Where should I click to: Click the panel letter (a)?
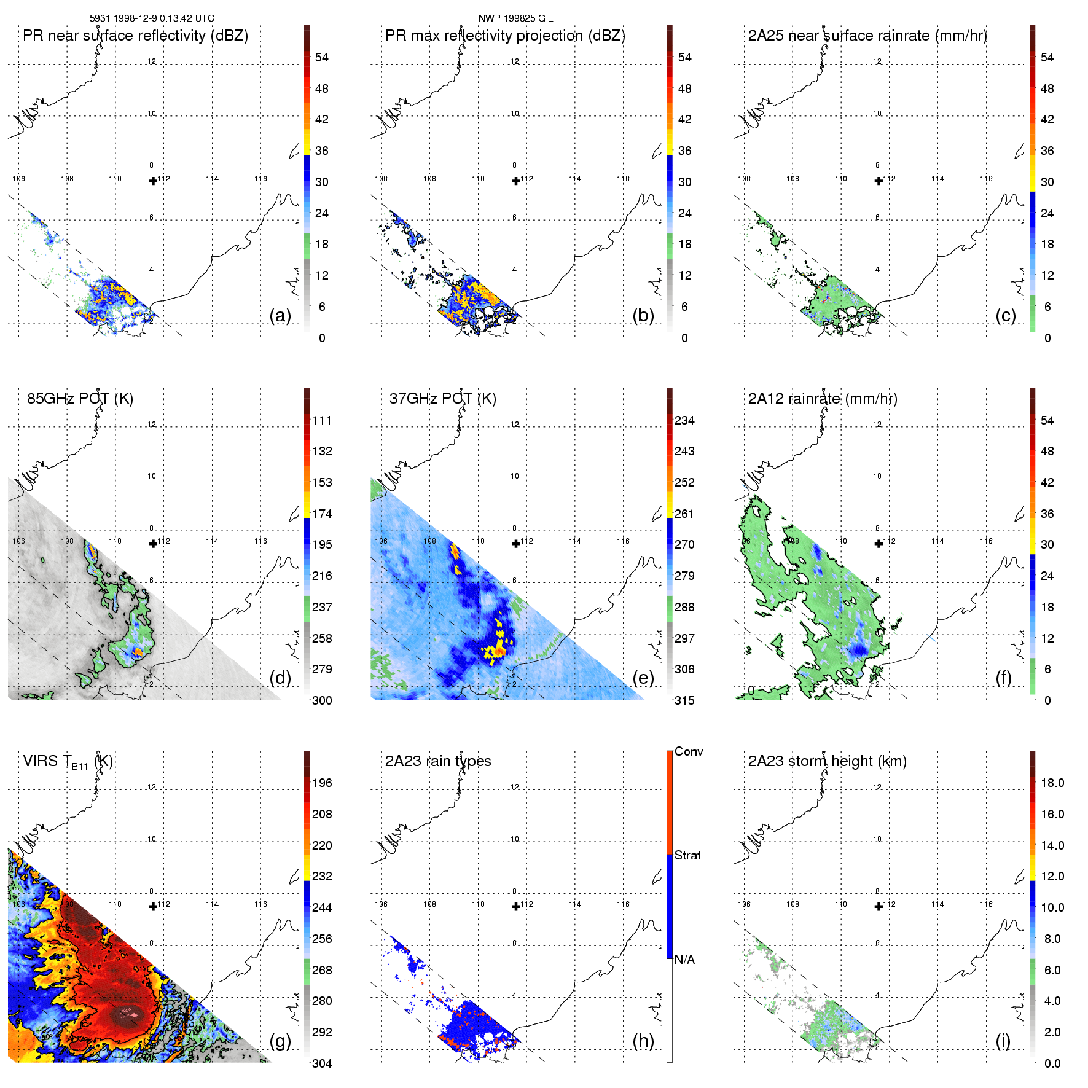coord(280,316)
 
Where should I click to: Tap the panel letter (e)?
coord(643,678)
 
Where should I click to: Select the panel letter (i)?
coord(1003,1041)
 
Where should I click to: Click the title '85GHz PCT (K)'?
coord(80,399)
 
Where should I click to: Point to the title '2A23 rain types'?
coord(438,761)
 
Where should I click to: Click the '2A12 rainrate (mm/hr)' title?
coord(823,399)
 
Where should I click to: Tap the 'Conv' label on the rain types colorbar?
coord(689,751)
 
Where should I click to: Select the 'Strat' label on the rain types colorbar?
coord(687,855)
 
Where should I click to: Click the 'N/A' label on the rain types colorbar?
coord(684,960)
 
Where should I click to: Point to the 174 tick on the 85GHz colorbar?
coord(322,514)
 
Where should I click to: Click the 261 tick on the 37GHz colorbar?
coord(684,514)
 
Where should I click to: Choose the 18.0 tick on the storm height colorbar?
coord(1052,783)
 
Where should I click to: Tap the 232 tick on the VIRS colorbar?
coord(322,876)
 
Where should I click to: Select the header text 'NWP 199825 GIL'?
coord(515,18)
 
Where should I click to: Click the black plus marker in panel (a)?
coord(153,181)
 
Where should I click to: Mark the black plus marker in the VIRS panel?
coord(153,906)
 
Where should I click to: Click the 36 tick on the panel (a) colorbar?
coord(321,151)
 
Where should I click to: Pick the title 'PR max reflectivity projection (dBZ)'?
coord(505,36)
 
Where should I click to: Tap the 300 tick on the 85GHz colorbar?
coord(322,700)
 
